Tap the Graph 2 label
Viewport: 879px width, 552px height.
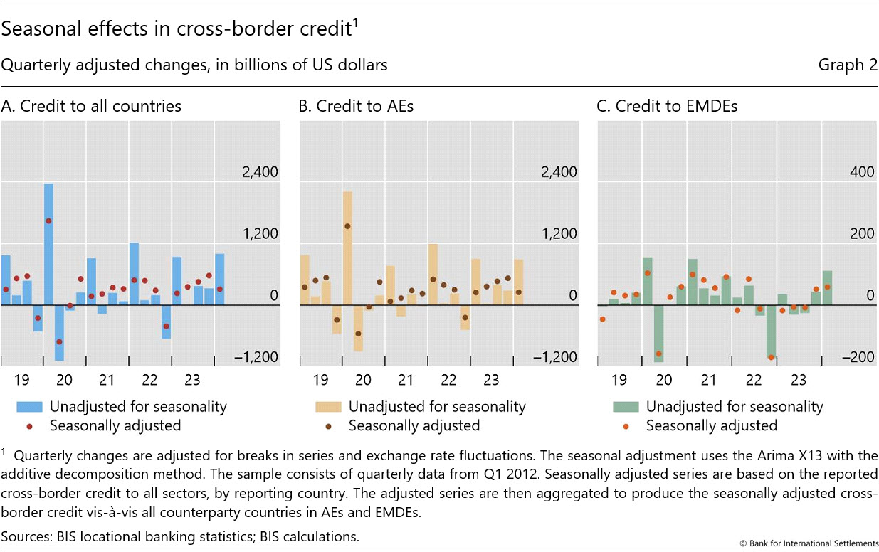click(848, 65)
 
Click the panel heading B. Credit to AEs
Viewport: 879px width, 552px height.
click(356, 106)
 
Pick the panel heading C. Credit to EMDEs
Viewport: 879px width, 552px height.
click(667, 106)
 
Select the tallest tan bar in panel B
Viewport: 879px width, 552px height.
click(347, 248)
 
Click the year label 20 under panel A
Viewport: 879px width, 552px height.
click(64, 380)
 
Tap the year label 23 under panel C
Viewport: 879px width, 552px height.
click(799, 380)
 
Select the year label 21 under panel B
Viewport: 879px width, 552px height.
click(406, 380)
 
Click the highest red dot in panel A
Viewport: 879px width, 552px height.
click(48, 221)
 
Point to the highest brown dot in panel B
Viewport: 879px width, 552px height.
click(347, 226)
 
